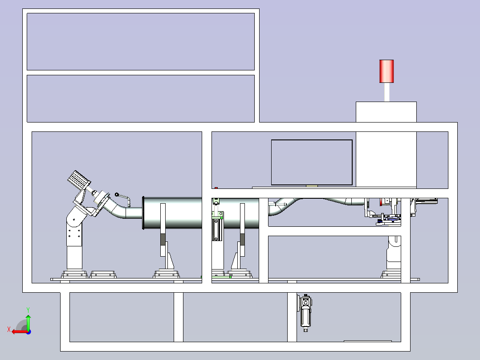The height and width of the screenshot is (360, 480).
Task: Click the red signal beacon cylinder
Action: [386, 71]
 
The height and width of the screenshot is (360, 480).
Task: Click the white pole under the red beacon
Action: [387, 92]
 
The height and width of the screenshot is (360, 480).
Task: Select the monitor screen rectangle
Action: [312, 162]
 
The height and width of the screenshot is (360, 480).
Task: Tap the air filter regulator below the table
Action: [305, 312]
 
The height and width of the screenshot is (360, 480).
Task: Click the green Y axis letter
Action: [28, 310]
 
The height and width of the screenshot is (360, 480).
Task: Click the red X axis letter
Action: [9, 330]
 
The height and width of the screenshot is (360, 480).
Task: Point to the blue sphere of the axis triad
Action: [28, 332]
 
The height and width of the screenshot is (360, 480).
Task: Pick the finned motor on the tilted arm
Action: [79, 180]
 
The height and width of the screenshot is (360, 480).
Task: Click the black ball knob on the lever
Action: [117, 195]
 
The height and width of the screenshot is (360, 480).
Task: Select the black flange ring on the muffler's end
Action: [143, 213]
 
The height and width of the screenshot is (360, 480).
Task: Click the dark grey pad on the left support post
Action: [163, 239]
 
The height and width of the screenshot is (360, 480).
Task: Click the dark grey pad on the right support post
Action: [242, 239]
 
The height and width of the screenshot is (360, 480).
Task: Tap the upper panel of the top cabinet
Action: [141, 42]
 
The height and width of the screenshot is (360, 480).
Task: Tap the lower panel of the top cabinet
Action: [141, 98]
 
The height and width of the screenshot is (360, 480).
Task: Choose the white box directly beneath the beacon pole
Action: [386, 112]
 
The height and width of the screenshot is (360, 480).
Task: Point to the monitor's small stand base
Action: [312, 186]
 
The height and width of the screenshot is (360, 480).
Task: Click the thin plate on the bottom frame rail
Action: [368, 341]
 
